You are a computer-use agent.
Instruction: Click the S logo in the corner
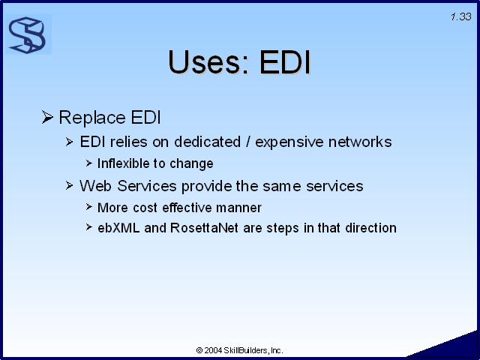(28, 35)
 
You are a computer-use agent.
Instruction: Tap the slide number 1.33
(461, 16)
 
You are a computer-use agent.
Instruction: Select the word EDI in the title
(285, 62)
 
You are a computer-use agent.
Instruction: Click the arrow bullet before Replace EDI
(47, 117)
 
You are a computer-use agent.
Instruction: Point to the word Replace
(92, 118)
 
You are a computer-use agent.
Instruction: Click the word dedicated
(207, 142)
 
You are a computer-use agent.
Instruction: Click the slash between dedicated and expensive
(248, 142)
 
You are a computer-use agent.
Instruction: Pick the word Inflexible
(125, 163)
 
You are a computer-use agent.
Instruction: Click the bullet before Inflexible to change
(89, 163)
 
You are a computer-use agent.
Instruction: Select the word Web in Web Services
(95, 186)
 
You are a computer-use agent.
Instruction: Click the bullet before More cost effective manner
(89, 207)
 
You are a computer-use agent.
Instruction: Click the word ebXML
(118, 228)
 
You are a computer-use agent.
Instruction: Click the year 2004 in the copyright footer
(213, 350)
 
